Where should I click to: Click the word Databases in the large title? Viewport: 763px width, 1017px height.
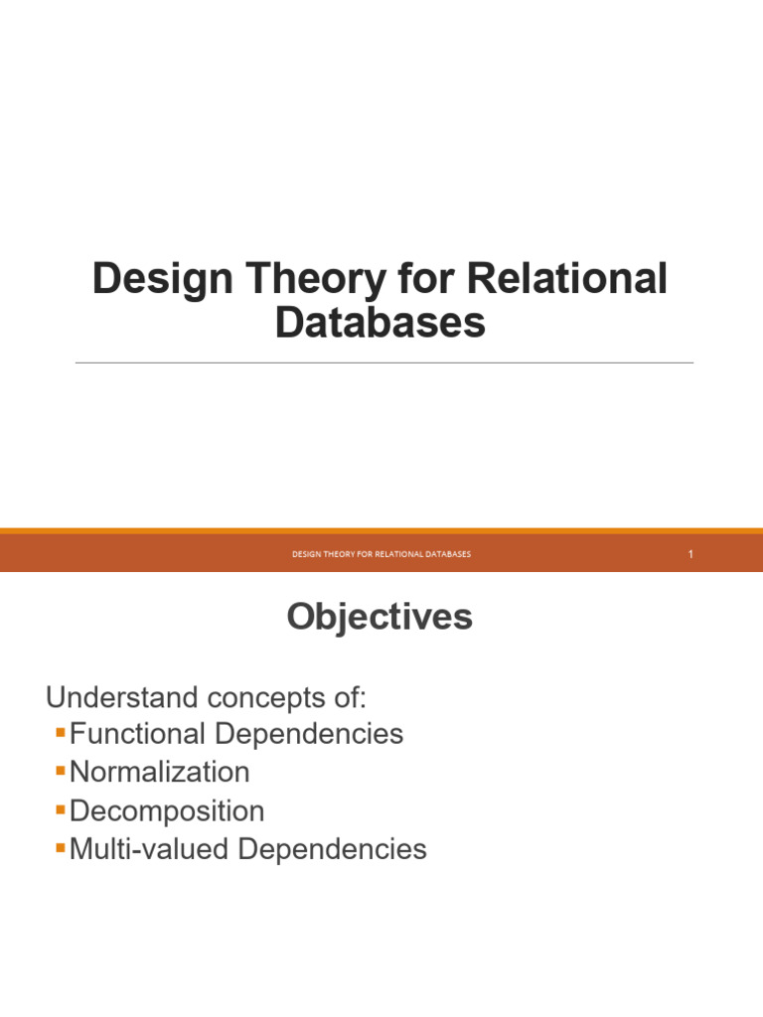point(381,324)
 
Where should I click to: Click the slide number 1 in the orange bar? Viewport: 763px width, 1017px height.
point(689,554)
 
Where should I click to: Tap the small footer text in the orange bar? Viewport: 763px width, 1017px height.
point(381,554)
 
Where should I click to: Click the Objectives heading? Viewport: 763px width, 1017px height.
point(380,618)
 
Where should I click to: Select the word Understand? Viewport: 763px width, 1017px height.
point(110,697)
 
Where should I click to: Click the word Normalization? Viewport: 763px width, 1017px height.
point(160,773)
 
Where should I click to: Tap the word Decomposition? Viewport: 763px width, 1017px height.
point(167,811)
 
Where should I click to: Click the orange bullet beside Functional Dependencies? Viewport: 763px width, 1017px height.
point(62,734)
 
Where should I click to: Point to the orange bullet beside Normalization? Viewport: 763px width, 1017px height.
point(62,772)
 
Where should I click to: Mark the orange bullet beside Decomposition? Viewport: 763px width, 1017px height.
point(62,810)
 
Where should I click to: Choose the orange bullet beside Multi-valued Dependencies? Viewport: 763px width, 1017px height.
point(62,848)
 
